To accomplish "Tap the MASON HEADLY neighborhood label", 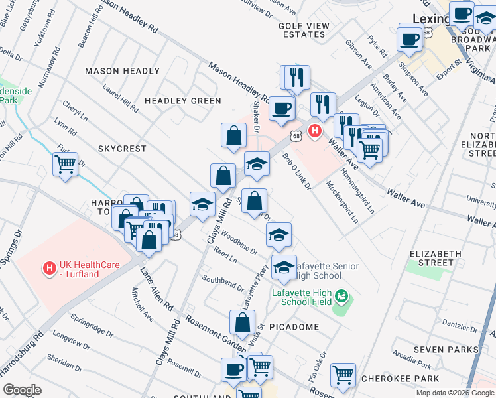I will pos(123,71).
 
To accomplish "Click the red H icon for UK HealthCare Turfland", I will pos(48,269).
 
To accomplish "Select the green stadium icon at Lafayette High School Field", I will pos(341,295).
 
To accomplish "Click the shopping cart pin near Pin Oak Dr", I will pos(343,375).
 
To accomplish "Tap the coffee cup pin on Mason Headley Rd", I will pos(282,108).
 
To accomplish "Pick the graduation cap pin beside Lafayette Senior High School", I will pos(284,267).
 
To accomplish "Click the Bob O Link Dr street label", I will pos(296,171).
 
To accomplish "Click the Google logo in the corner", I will pos(23,389).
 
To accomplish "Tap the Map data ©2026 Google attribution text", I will pos(454,393).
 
